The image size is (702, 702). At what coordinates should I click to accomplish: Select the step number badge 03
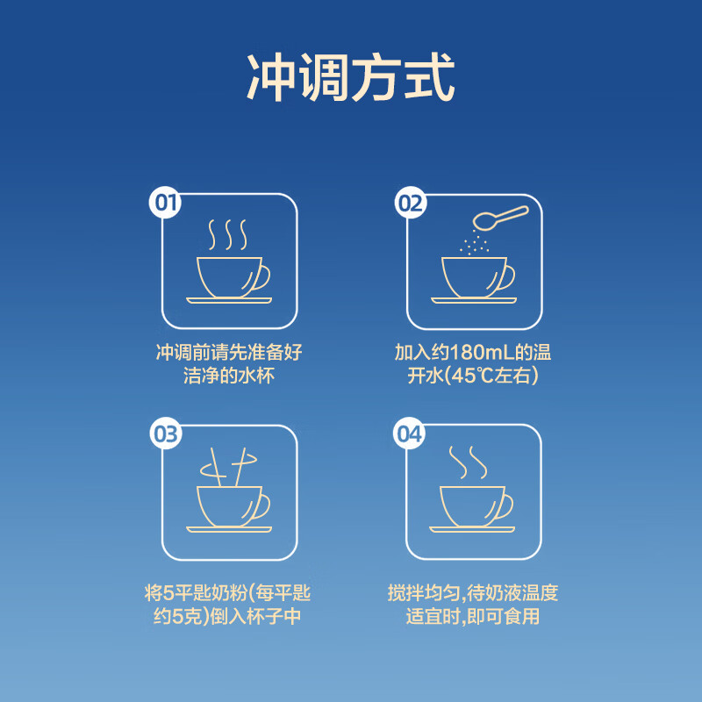click(165, 434)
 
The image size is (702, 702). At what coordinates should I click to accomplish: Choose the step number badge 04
click(410, 434)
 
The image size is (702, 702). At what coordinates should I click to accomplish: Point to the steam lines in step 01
click(227, 234)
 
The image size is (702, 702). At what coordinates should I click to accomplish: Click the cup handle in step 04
click(504, 506)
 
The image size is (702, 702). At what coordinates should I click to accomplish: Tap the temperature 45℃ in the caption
click(476, 376)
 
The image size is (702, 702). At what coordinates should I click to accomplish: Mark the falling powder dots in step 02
click(475, 241)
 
